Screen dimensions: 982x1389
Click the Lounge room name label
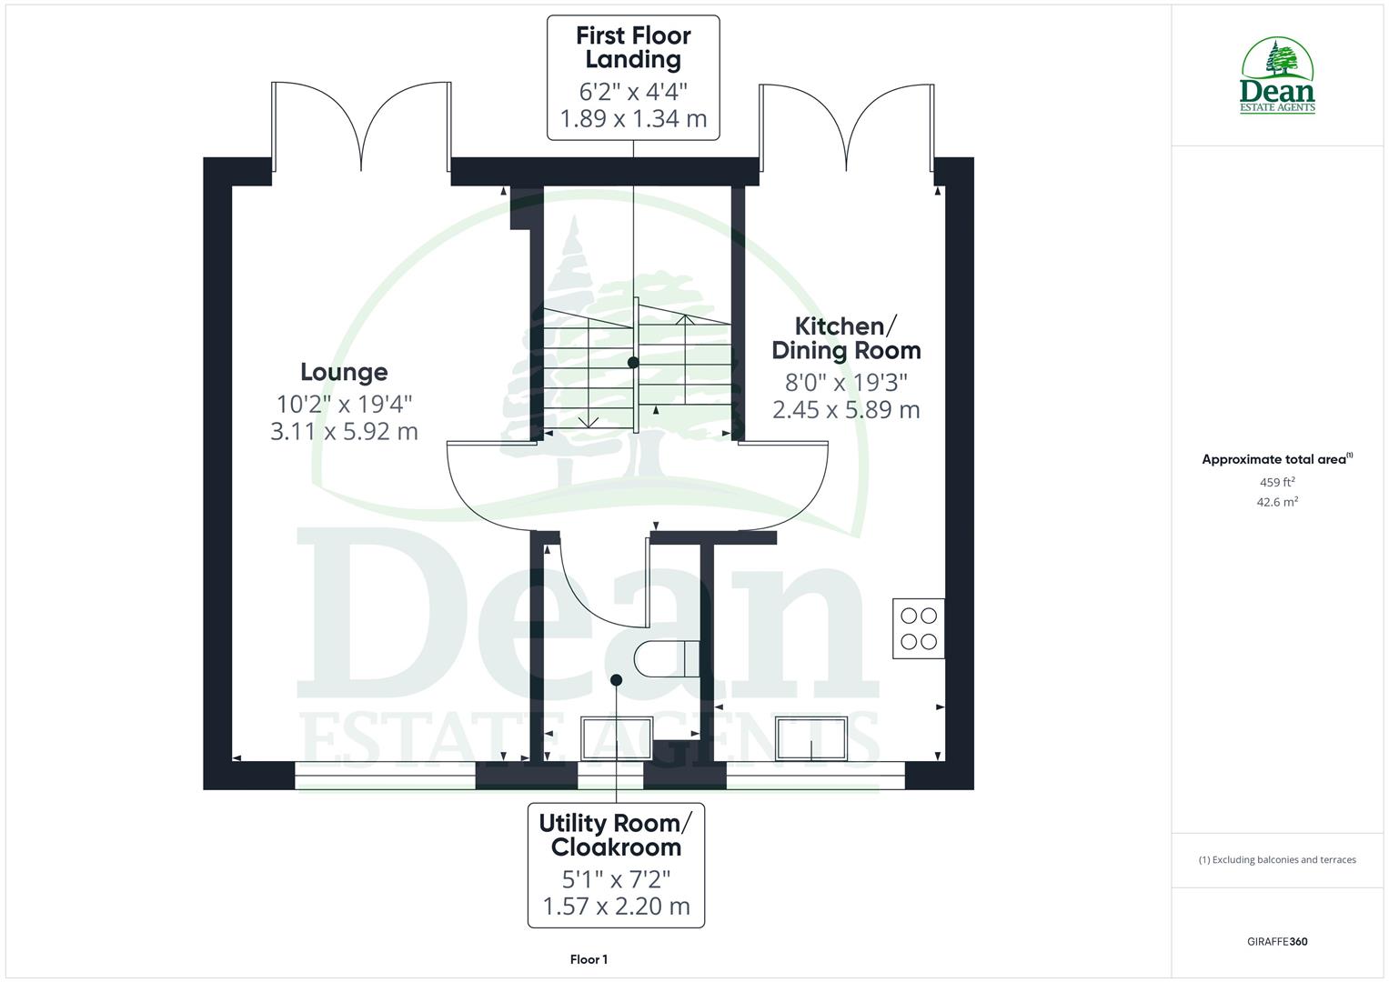(x=344, y=372)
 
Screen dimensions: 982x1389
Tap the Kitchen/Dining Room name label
(x=846, y=338)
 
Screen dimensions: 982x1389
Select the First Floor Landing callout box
(x=633, y=77)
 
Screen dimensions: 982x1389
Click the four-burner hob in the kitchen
(x=919, y=628)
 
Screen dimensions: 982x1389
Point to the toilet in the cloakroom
(x=667, y=659)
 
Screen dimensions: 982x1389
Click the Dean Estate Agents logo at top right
(x=1277, y=76)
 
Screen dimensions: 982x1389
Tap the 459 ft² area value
(x=1277, y=483)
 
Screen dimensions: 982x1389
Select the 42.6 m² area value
(x=1277, y=502)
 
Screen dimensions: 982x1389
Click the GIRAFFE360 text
(x=1277, y=942)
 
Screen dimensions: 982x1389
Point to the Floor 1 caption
(x=589, y=959)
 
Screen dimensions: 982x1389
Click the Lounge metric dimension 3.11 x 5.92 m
(x=344, y=431)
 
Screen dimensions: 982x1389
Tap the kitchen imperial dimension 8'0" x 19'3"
(x=846, y=382)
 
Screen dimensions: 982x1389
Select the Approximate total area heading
(x=1277, y=460)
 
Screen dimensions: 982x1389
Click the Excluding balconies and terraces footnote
(x=1277, y=859)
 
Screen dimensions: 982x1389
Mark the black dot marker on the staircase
(x=633, y=363)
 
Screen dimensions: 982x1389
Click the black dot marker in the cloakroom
(x=616, y=680)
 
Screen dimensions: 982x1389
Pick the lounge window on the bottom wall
(x=386, y=775)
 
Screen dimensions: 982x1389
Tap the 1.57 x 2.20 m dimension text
(x=616, y=907)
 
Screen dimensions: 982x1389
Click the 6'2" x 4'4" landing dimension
(x=633, y=92)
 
